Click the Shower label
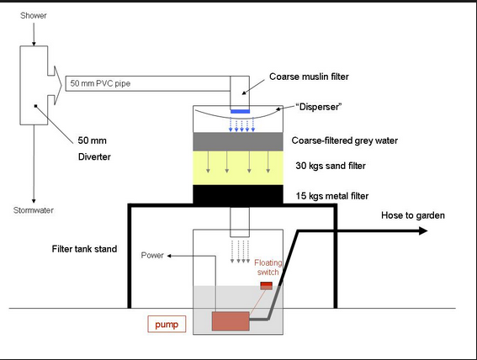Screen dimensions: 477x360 coord(34,15)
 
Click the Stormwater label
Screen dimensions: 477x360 coord(34,210)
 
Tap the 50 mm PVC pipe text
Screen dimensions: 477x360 coord(100,83)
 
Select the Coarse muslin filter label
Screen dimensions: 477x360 coord(309,77)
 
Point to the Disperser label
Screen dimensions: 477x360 coord(319,107)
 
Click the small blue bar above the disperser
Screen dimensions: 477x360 coord(240,111)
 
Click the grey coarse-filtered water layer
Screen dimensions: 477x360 coord(238,141)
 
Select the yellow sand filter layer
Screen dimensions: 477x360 coord(238,168)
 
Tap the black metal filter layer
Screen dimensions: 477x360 coord(238,194)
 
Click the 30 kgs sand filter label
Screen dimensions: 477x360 coord(331,166)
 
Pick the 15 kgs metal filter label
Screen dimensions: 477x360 coord(332,196)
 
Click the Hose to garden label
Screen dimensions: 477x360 coord(413,215)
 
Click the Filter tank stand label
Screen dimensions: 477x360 coord(84,249)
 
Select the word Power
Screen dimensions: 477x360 coord(152,256)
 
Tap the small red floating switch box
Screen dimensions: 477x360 coord(267,286)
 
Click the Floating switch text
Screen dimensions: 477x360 coord(268,267)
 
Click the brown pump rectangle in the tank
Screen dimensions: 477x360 coord(231,321)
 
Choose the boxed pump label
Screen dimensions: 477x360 coord(167,324)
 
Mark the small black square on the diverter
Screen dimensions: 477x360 coord(35,106)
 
